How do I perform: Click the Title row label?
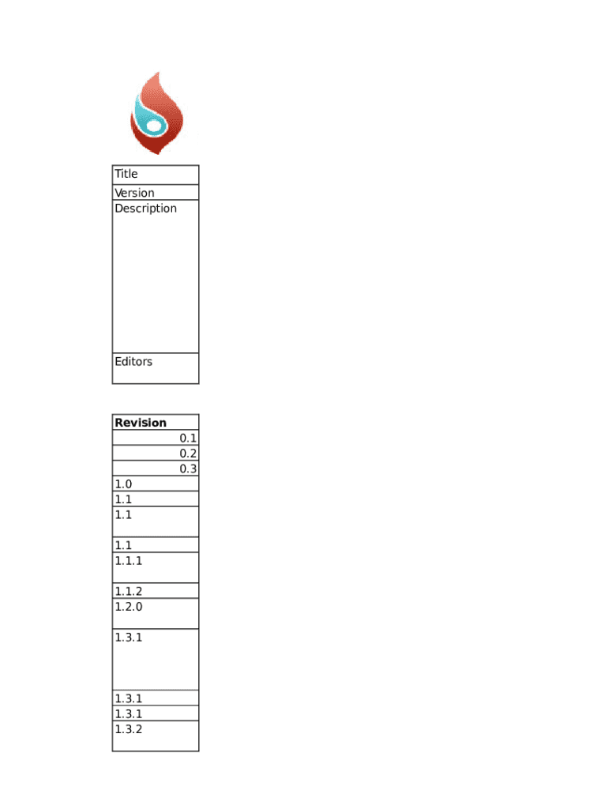[126, 174]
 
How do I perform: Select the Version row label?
[134, 193]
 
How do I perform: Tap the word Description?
[145, 209]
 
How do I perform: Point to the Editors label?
[133, 362]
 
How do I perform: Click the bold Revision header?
[141, 423]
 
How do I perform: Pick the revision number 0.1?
[188, 438]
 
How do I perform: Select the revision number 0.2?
[188, 453]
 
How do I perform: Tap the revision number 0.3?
[188, 468]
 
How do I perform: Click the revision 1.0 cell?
[123, 484]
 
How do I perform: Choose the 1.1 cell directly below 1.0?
[123, 499]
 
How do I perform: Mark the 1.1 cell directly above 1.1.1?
[123, 545]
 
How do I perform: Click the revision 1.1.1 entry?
[128, 561]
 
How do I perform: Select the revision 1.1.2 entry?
[128, 592]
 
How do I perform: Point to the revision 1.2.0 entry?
[128, 607]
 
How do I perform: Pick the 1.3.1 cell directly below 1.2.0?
[128, 638]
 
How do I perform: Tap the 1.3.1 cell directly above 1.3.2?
[128, 714]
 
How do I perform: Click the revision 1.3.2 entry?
[128, 729]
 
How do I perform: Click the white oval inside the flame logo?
[155, 126]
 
